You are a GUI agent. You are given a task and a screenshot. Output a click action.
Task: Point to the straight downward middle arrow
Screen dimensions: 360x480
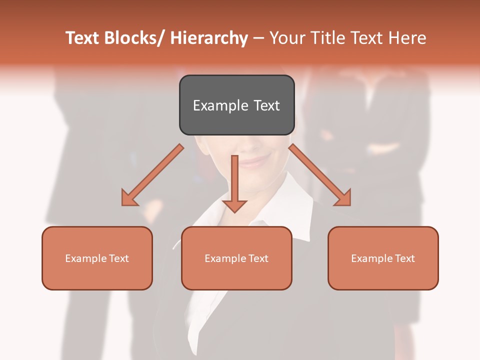tap(234, 180)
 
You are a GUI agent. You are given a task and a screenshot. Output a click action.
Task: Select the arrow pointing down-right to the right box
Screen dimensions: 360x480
tap(320, 175)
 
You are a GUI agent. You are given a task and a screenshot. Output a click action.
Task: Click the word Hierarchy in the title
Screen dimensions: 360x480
tap(209, 38)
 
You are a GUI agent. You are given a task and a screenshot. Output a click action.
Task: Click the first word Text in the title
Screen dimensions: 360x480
tap(83, 38)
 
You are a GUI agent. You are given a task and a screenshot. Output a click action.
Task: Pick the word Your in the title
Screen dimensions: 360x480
tap(287, 38)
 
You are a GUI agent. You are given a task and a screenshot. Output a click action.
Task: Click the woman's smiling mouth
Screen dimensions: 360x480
tap(255, 161)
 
